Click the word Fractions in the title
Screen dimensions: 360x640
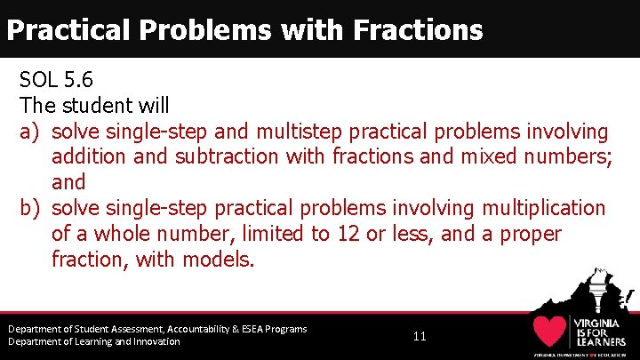(418, 30)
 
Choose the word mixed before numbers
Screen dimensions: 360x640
(479, 157)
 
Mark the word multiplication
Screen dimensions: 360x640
(543, 208)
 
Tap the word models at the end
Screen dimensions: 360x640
(218, 260)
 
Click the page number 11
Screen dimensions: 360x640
(420, 337)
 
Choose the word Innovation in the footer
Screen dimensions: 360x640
(149, 342)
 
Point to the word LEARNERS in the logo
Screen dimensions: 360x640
(600, 341)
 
